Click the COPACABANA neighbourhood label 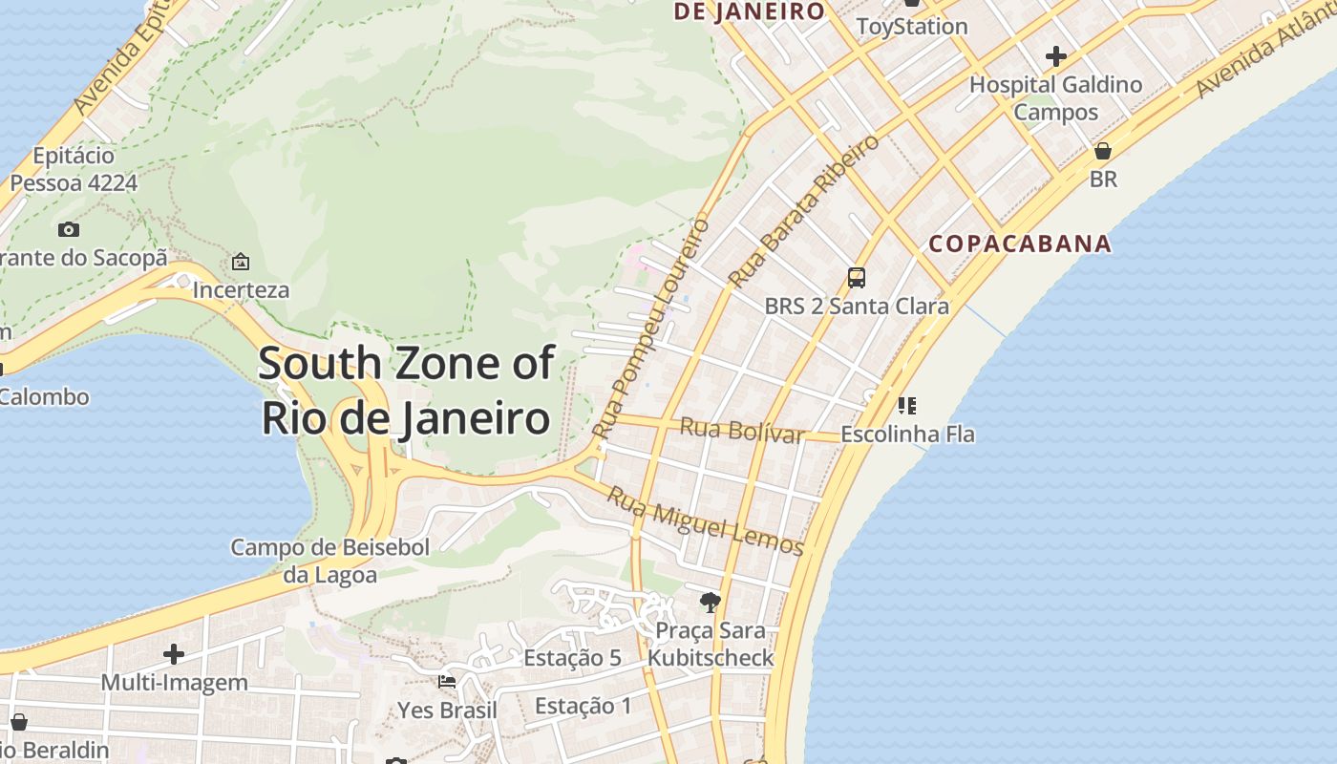tap(1020, 244)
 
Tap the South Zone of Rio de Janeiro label tap(406, 391)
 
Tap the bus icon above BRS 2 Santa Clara tap(857, 278)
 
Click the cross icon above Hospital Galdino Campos tap(1055, 56)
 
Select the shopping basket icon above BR tap(1103, 151)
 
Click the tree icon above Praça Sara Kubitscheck tap(710, 602)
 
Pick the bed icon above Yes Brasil tap(446, 682)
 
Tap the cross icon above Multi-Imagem tap(173, 654)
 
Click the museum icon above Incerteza tap(241, 261)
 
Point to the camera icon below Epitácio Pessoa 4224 tap(69, 229)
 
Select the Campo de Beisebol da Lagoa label tap(330, 561)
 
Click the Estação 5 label tap(572, 658)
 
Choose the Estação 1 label tap(583, 707)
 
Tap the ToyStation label tap(912, 26)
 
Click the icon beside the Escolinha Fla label tap(907, 406)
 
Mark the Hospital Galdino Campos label tap(1055, 98)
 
